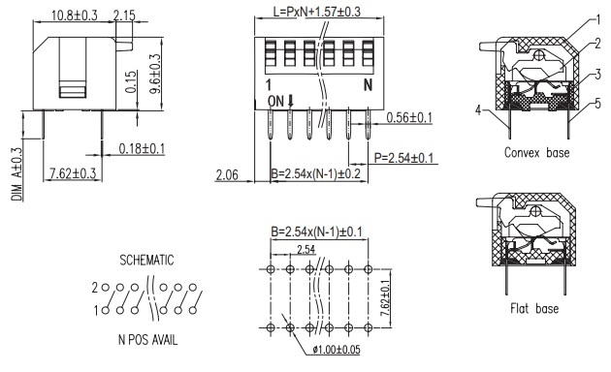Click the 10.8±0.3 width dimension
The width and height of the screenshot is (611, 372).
point(74,15)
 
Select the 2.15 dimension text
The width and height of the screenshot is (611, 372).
point(124,15)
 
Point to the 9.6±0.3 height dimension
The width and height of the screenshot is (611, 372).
point(155,74)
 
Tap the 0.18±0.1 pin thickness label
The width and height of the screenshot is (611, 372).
point(142,148)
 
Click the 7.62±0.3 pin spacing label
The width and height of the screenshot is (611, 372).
point(73,173)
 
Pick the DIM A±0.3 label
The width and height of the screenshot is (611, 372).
point(17,174)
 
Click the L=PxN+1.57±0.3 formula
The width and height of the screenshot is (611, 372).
point(317,12)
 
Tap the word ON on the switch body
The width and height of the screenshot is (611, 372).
point(275,102)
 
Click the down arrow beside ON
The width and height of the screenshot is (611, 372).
point(290,101)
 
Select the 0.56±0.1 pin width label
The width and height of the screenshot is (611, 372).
point(409,117)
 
